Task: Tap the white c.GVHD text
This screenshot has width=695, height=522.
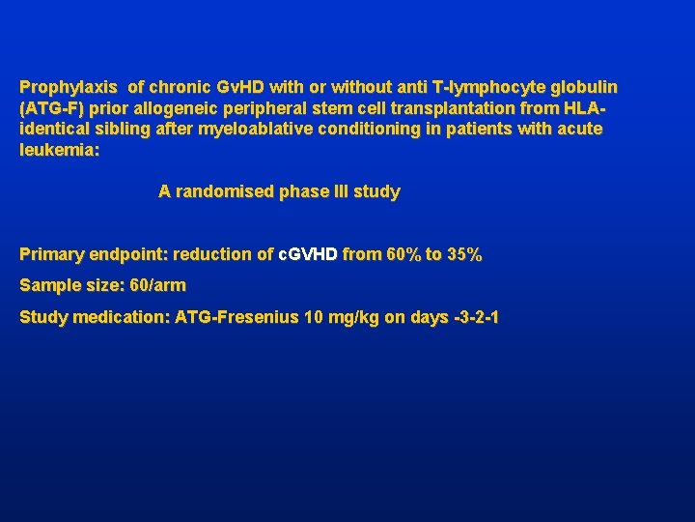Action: pyautogui.click(x=308, y=254)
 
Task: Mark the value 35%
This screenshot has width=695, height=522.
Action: pyautogui.click(x=463, y=254)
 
